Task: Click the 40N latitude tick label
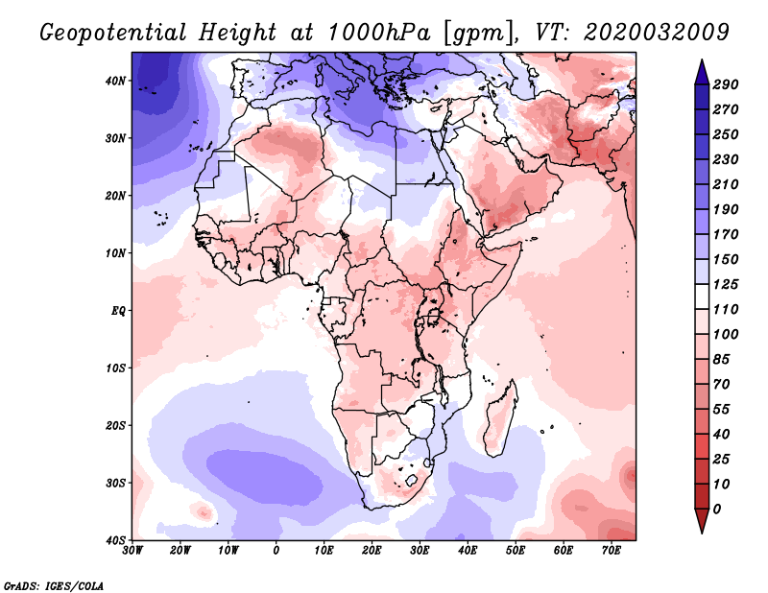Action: [115, 81]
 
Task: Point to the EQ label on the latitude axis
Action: [117, 311]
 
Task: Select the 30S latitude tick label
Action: [115, 483]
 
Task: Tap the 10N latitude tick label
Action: [115, 253]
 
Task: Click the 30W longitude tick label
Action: [132, 551]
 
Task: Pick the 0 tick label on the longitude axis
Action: [276, 551]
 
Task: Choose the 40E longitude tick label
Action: [468, 551]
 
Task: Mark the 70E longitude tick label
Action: [612, 551]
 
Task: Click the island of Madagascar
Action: [499, 417]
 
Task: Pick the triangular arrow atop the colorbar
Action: [702, 67]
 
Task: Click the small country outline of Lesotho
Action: [413, 480]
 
